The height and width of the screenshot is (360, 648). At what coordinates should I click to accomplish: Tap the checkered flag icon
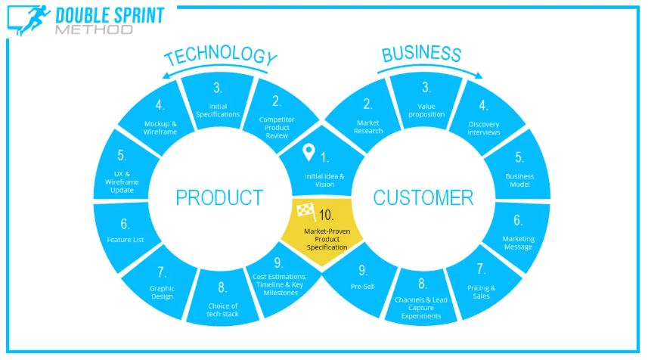click(306, 212)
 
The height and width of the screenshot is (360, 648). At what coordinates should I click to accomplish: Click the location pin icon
click(308, 152)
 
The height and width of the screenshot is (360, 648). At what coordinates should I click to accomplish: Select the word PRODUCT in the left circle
click(219, 197)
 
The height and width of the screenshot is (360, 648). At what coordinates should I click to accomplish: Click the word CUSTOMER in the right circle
click(423, 197)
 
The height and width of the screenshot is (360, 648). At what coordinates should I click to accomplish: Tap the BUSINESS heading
click(421, 54)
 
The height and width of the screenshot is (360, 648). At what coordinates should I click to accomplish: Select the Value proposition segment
click(426, 101)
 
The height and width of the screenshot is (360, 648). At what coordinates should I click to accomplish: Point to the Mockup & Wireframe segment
click(158, 117)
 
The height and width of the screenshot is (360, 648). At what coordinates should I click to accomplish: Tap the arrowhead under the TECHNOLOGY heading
click(166, 75)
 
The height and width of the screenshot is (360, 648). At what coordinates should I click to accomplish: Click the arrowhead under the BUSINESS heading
click(479, 75)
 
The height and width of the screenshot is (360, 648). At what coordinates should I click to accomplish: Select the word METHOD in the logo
click(94, 29)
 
